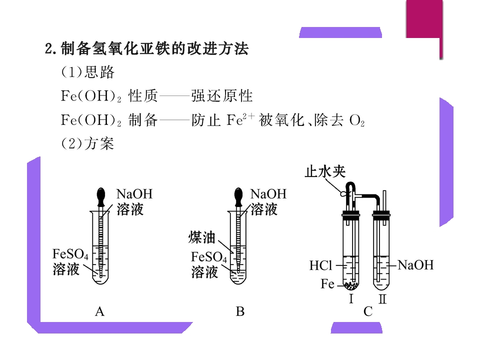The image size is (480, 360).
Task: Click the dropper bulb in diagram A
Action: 101,196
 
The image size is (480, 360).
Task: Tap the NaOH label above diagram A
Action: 134,194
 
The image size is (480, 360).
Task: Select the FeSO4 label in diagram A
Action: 70,254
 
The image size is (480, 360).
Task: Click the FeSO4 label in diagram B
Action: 209,257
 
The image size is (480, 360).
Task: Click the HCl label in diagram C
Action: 320,265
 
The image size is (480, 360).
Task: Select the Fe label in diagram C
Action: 327,284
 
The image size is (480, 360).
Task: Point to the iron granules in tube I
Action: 351,285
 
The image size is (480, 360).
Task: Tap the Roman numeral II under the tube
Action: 382,299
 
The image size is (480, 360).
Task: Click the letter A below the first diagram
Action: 100,312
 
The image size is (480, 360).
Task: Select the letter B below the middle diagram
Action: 240,312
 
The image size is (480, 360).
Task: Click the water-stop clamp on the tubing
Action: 344,193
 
